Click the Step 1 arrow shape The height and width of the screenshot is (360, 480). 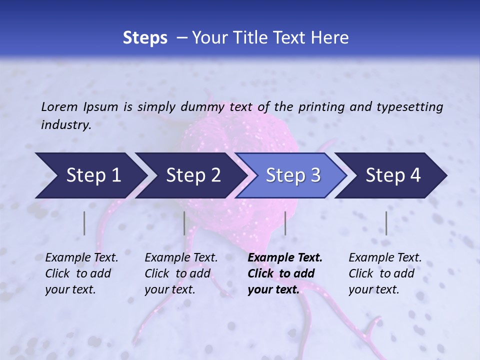tap(92, 175)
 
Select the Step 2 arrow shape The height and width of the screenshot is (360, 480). tap(192, 175)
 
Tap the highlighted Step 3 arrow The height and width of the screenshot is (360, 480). tap(292, 175)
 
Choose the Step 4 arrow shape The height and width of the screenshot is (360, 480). tap(392, 175)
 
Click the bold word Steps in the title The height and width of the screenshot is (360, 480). tap(145, 38)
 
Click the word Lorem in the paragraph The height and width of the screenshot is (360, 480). tap(59, 106)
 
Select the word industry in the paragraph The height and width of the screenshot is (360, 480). tap(65, 125)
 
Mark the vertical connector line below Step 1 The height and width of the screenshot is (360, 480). tap(84, 223)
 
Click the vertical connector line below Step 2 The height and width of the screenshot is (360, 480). tap(184, 223)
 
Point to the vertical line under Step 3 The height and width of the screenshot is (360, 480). tap(285, 223)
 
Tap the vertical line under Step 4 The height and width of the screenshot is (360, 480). tap(386, 223)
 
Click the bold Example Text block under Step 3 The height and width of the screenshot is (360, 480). tap(285, 273)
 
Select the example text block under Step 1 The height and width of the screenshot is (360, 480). tap(81, 273)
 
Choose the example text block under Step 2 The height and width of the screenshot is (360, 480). tap(181, 273)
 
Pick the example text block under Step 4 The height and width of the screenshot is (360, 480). tap(385, 273)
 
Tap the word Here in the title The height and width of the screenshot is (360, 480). tap(331, 38)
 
